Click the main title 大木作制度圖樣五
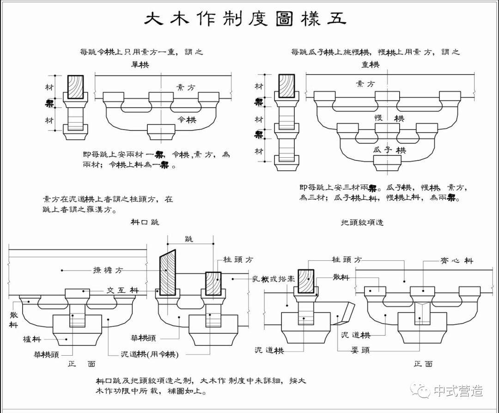coord(245,20)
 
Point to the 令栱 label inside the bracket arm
coord(187,120)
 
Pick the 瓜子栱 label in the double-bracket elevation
coord(389,150)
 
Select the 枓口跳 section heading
coord(145,222)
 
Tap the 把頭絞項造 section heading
coord(362,222)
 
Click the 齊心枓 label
coord(456,261)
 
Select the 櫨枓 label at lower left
coord(33,339)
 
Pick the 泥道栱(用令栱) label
coord(149,354)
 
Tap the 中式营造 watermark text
coord(457,391)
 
